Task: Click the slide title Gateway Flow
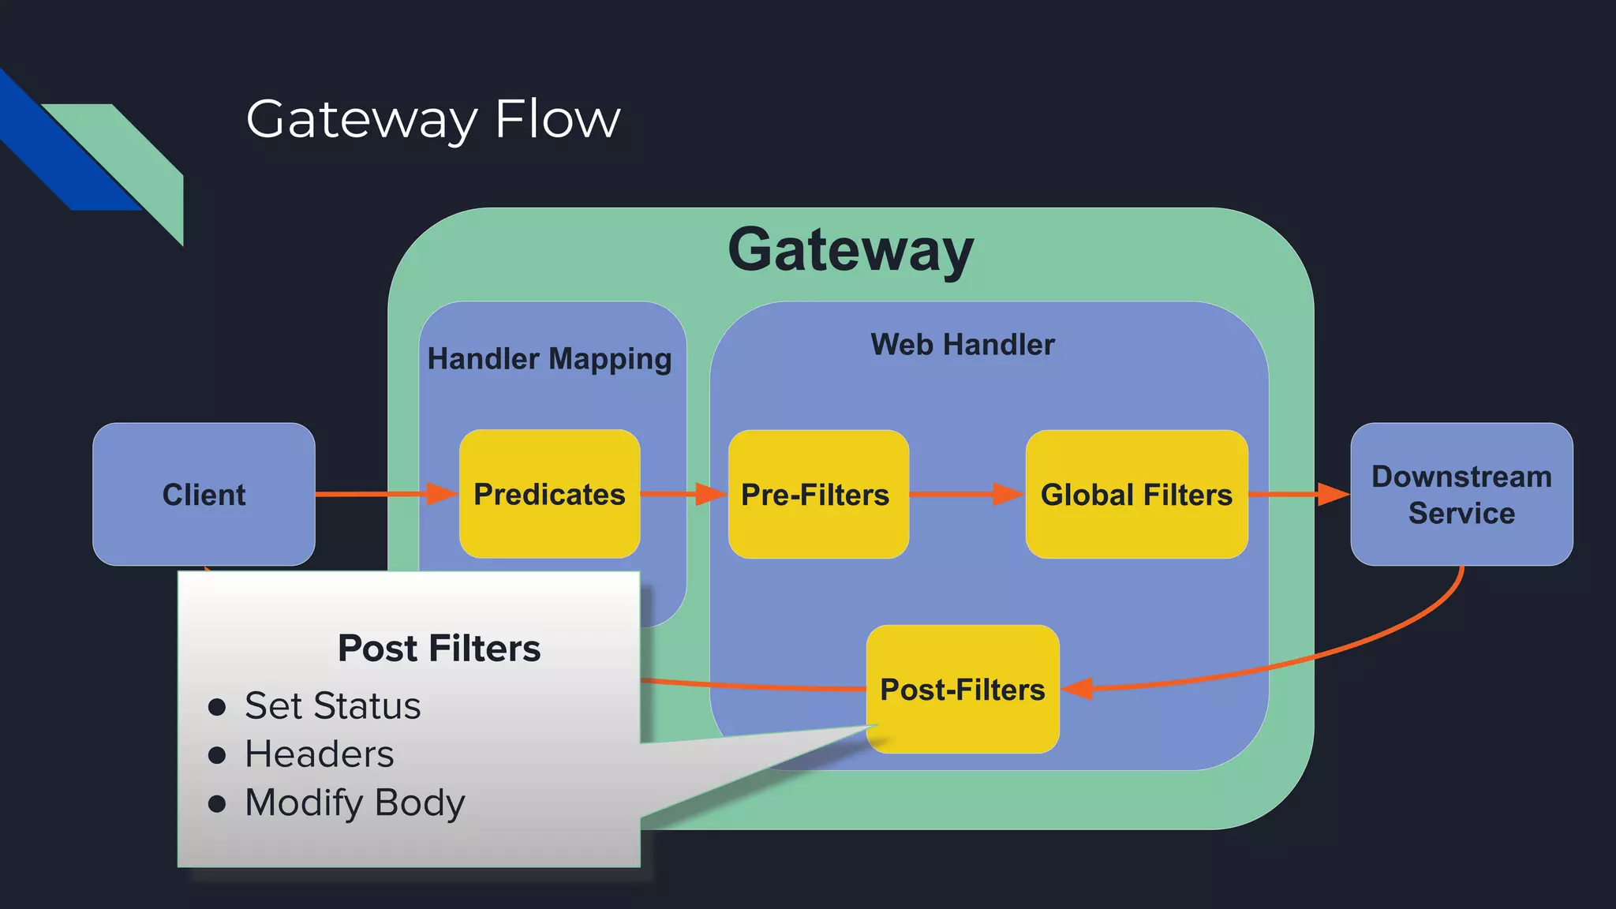click(432, 120)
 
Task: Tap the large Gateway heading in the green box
click(850, 250)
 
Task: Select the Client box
click(204, 495)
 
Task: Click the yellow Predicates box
click(549, 495)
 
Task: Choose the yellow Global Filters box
click(1136, 495)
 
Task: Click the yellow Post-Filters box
click(962, 690)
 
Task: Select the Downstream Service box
click(1461, 495)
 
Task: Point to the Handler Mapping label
click(549, 359)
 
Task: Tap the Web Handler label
click(962, 345)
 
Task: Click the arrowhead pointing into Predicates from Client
click(441, 494)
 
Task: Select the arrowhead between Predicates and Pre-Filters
click(709, 494)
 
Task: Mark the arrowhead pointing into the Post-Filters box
click(1078, 688)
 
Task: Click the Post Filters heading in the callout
click(439, 649)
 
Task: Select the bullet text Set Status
click(332, 705)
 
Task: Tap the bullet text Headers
click(319, 754)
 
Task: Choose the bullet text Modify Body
click(354, 803)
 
